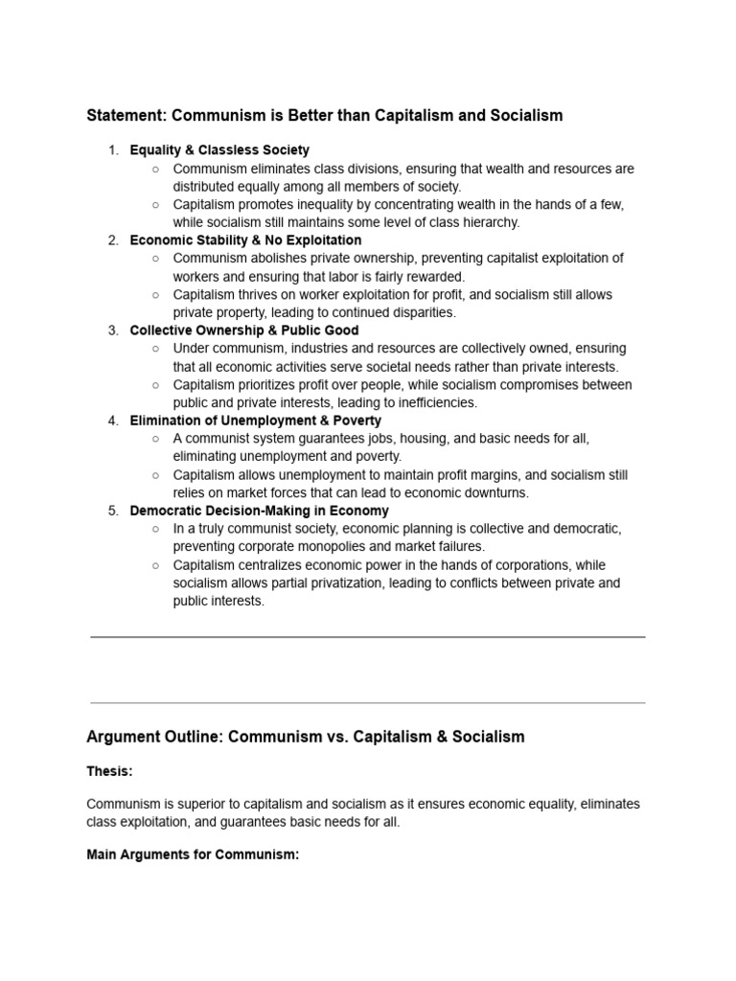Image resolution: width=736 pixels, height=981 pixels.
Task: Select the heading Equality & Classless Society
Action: (x=219, y=150)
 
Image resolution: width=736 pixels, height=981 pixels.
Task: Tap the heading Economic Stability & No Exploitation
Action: (x=245, y=240)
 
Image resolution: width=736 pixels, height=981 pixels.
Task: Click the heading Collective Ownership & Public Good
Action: (x=243, y=331)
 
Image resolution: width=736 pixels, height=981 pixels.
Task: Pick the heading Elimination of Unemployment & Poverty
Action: (x=255, y=421)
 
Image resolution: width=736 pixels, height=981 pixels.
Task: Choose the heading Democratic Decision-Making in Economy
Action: (x=259, y=511)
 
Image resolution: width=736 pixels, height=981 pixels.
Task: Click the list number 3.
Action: (x=112, y=331)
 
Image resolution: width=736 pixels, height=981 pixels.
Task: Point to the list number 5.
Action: (x=112, y=511)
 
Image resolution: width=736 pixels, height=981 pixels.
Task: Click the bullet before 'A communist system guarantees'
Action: (x=155, y=439)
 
